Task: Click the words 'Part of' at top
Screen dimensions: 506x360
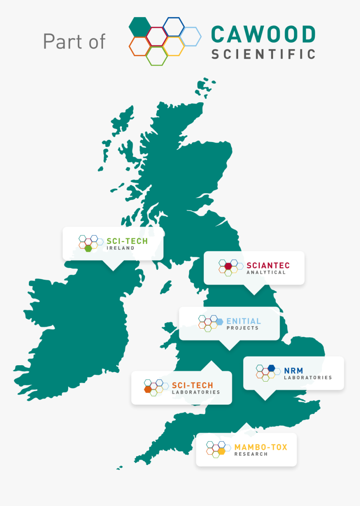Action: pos(74,41)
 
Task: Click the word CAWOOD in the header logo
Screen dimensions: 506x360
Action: pos(263,35)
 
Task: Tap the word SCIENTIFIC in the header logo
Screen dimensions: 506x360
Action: pos(263,54)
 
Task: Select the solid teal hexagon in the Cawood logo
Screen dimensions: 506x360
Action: pos(139,26)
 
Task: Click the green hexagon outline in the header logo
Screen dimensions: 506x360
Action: pos(157,56)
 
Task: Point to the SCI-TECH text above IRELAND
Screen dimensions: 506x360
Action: pos(127,241)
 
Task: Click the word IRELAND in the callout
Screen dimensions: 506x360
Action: pos(120,248)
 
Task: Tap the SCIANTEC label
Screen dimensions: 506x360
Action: pos(268,265)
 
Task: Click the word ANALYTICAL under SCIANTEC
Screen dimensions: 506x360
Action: pos(266,272)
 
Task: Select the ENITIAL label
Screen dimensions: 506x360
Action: pos(244,321)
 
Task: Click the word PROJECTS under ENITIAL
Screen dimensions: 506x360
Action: pos(242,328)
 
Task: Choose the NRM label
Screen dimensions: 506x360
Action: pos(293,370)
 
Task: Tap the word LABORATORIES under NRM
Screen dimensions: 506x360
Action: pos(308,377)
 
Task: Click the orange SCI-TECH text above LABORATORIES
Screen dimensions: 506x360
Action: pos(193,385)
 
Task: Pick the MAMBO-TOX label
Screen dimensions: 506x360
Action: pos(261,447)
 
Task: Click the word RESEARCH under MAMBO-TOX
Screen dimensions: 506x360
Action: pos(251,454)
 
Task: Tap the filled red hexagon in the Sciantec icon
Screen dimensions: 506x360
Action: pos(228,266)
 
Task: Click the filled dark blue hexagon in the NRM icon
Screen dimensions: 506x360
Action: pos(271,368)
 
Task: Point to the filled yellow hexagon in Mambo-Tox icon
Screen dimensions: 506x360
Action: pos(221,451)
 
